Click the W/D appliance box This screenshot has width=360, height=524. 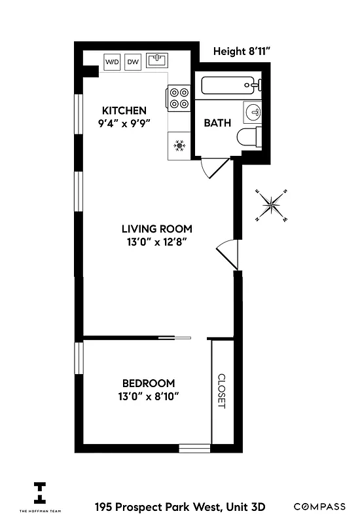click(x=113, y=62)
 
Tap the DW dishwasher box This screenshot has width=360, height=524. click(x=134, y=62)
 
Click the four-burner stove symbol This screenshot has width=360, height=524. click(x=179, y=98)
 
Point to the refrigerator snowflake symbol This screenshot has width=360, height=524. click(x=179, y=145)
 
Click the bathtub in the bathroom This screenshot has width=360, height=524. click(x=228, y=85)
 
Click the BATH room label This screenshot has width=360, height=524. click(x=217, y=122)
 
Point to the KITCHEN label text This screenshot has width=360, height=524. click(x=124, y=110)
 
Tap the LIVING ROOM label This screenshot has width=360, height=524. click(x=157, y=229)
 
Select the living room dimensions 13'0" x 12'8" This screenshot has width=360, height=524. click(x=157, y=242)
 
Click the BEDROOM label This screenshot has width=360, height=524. click(x=149, y=383)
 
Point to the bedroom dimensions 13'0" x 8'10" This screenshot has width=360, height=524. click(x=149, y=396)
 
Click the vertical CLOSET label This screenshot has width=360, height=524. click(x=221, y=391)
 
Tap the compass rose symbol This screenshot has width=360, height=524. click(x=271, y=206)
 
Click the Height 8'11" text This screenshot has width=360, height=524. click(x=242, y=51)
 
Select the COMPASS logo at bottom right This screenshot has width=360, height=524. click(x=319, y=506)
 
